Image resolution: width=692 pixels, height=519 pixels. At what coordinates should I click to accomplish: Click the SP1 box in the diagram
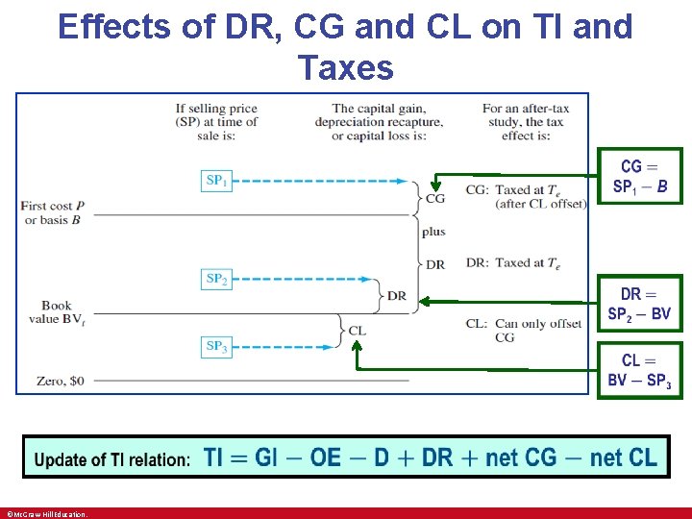[x=217, y=181]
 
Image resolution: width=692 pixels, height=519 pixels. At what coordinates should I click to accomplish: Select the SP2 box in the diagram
[x=217, y=279]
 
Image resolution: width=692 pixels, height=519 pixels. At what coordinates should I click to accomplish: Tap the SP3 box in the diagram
[x=217, y=346]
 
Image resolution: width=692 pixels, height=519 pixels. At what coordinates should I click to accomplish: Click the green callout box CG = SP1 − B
[x=640, y=176]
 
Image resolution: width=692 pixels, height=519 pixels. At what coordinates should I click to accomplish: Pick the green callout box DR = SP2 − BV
[x=640, y=304]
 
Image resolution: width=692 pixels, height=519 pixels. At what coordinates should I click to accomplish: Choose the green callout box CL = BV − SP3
[x=640, y=370]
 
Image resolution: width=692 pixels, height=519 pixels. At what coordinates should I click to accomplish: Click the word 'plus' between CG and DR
[x=433, y=232]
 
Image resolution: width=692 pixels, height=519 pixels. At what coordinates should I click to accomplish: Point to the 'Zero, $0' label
[x=60, y=382]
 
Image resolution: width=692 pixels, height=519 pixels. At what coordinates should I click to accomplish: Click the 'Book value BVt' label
[x=57, y=312]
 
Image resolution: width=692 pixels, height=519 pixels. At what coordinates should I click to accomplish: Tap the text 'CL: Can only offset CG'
[x=525, y=330]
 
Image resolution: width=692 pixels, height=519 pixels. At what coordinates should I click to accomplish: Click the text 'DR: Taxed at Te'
[x=514, y=263]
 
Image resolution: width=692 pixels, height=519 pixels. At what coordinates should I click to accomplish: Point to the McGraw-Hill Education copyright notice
[x=46, y=514]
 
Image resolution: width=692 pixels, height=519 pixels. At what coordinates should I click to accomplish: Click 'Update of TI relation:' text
[x=112, y=459]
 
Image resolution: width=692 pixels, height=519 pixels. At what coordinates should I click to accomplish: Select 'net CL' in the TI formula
[x=624, y=457]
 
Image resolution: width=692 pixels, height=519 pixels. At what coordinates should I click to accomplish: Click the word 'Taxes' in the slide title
[x=346, y=68]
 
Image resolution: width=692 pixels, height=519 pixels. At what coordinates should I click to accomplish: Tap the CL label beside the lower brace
[x=357, y=331]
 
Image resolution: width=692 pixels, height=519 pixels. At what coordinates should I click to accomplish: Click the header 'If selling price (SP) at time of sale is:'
[x=217, y=122]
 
